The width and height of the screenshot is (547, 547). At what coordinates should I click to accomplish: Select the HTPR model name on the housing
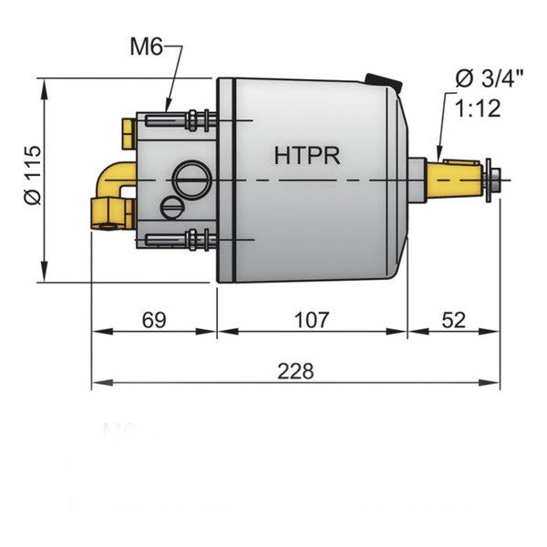pyautogui.click(x=307, y=155)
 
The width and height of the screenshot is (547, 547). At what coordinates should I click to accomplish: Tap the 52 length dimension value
pyautogui.click(x=452, y=319)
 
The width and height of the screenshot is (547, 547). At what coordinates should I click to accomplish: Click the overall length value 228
pyautogui.click(x=295, y=371)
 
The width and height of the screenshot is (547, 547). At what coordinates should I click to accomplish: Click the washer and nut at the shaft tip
pyautogui.click(x=492, y=179)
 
